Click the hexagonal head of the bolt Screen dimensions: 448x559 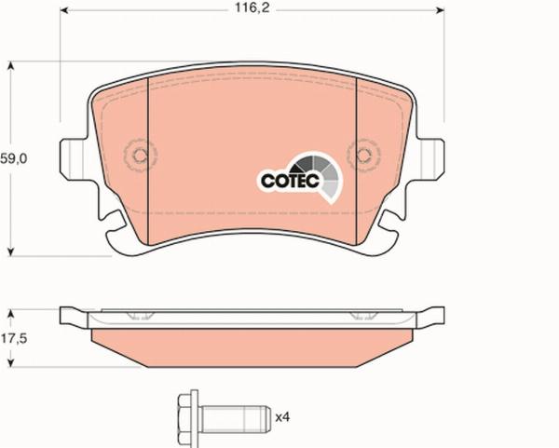click(x=184, y=414)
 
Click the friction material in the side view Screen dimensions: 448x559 click(x=252, y=345)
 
